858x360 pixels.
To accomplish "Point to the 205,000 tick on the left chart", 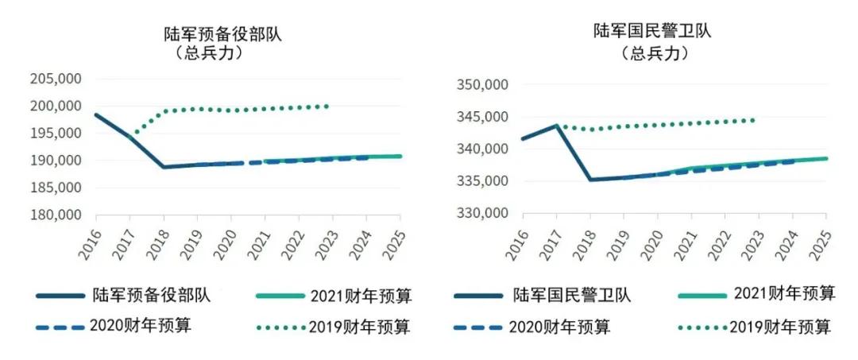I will (56, 79).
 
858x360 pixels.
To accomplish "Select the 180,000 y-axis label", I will (56, 215).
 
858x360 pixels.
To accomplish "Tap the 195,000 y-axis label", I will (56, 134).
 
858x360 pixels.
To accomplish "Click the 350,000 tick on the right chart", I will (479, 85).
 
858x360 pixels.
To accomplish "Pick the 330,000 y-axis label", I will (479, 214).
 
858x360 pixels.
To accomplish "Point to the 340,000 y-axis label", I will (479, 149).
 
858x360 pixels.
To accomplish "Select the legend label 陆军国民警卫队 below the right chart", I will (572, 296).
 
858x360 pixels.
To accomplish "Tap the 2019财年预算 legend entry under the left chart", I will (358, 327).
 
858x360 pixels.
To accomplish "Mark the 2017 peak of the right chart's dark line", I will (556, 126).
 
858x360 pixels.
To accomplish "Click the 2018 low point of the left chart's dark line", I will (164, 167).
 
